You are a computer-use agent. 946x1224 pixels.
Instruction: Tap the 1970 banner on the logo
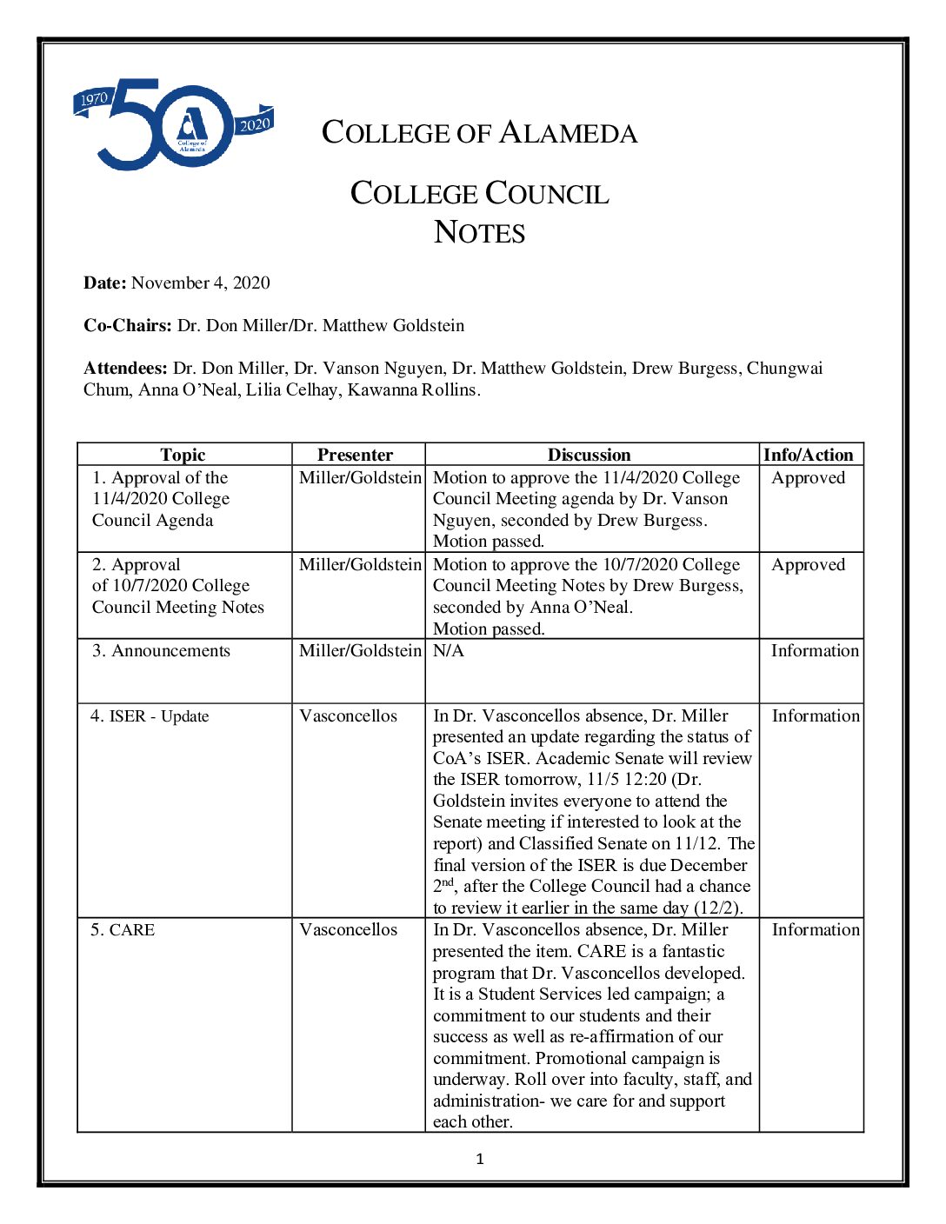tap(93, 100)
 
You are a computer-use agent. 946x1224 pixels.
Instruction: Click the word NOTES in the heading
tap(479, 233)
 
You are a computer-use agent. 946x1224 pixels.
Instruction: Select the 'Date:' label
tap(105, 283)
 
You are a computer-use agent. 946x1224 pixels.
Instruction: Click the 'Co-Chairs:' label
tap(128, 325)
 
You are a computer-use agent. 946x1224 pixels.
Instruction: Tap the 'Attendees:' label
tap(125, 368)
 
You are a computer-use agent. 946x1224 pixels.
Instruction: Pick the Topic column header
tap(183, 455)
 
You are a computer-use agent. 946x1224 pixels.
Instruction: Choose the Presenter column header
tap(355, 455)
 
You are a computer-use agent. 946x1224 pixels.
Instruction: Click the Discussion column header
tap(589, 455)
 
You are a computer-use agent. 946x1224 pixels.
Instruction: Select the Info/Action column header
tap(809, 455)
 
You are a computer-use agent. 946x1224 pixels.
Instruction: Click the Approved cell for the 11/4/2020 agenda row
tap(808, 477)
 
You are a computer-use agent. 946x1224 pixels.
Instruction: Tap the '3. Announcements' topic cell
tap(162, 650)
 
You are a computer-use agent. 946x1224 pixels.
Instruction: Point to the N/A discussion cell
tap(449, 650)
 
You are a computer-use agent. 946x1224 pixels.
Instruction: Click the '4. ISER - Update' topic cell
tap(150, 715)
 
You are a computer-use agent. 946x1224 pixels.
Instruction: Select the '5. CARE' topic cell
tap(123, 929)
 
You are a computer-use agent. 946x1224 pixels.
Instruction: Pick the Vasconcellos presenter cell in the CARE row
tap(348, 929)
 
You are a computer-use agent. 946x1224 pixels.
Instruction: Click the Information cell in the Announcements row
tap(815, 650)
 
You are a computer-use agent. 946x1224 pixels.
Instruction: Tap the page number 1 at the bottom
tap(479, 1159)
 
